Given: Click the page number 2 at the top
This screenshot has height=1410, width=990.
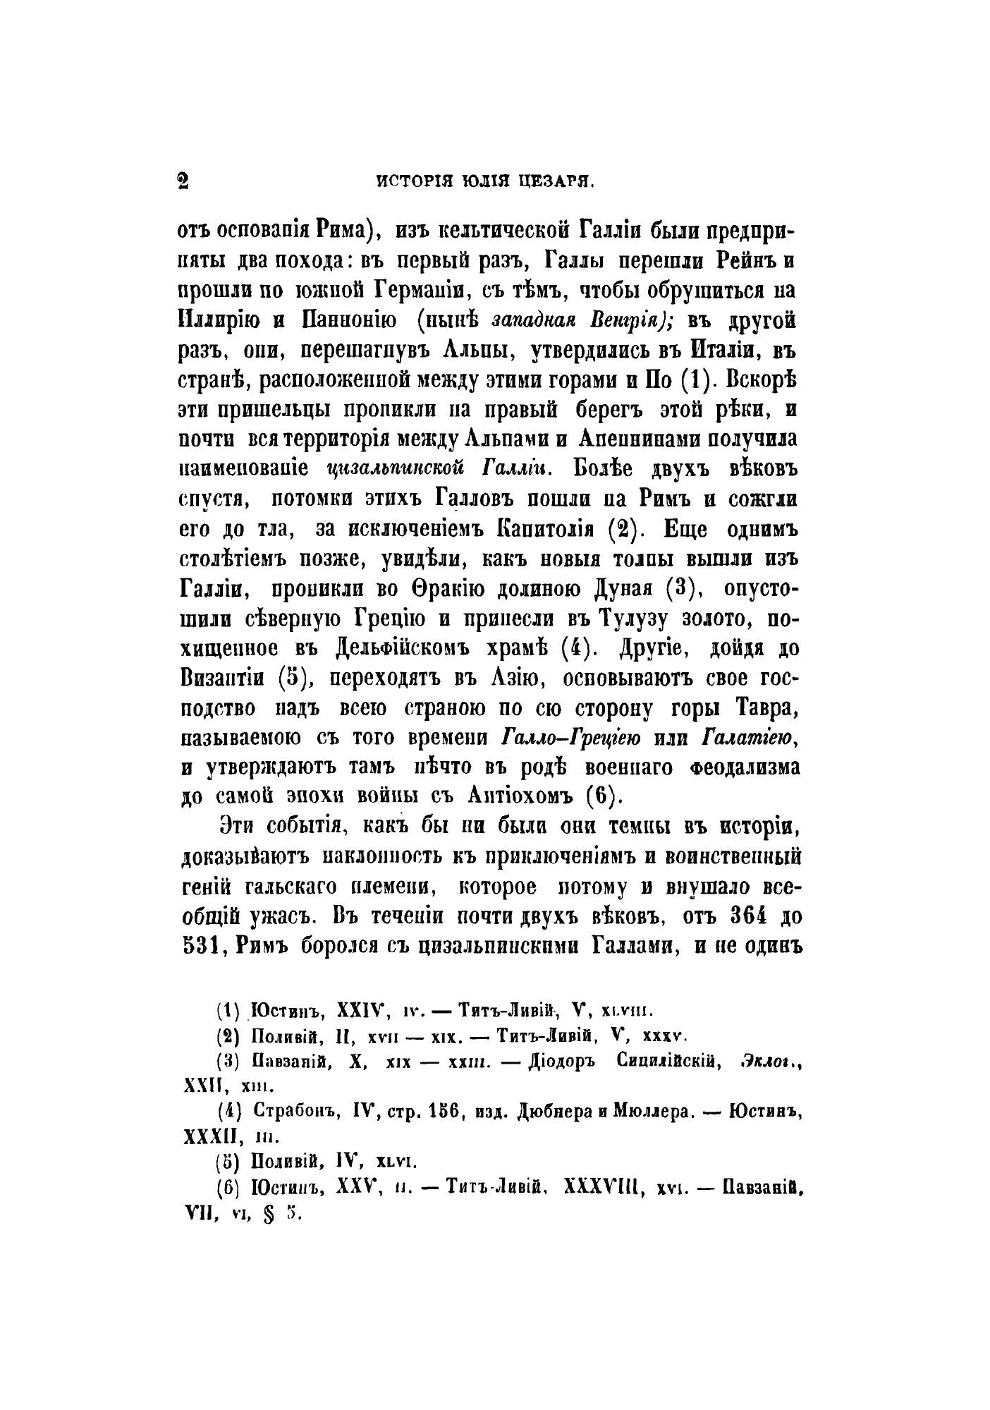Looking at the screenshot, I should point(183,181).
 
